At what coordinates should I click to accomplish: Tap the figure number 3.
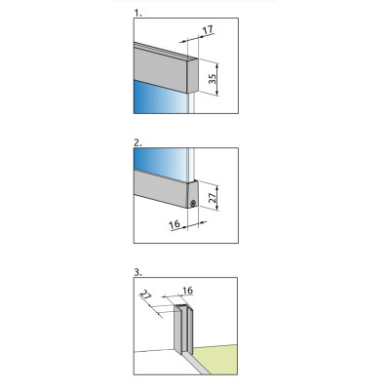pos(137,276)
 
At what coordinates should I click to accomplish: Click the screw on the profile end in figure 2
pos(194,203)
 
